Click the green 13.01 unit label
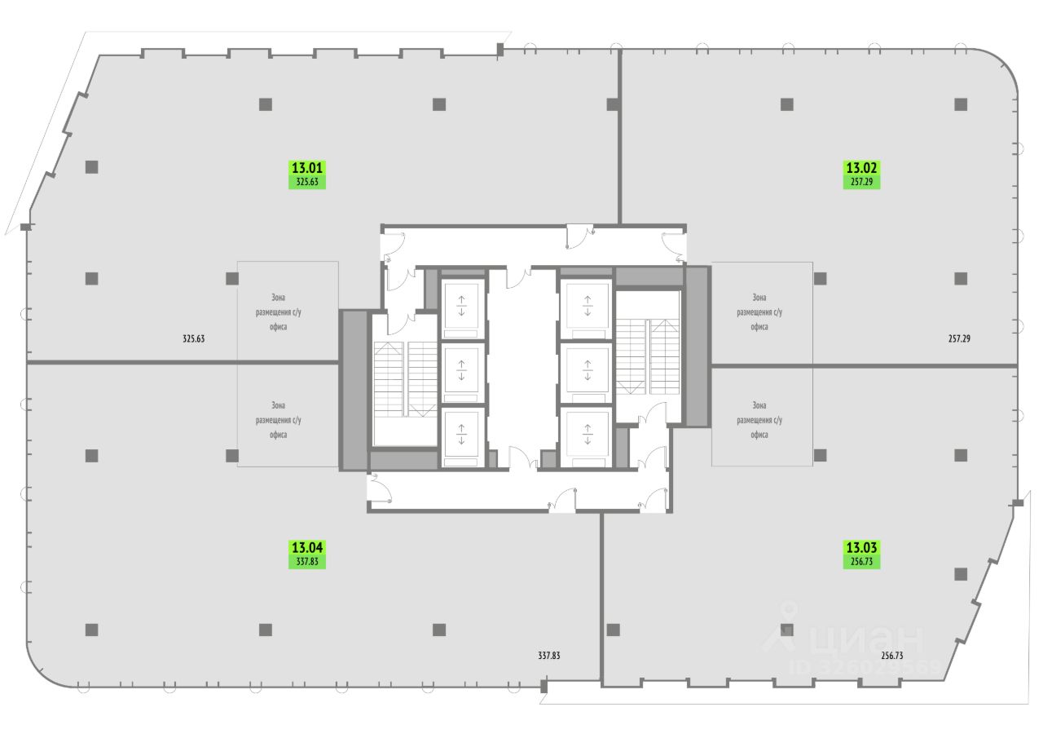307,174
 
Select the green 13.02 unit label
861,174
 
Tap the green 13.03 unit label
861,554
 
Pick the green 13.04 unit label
307,554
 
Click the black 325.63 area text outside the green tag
193,338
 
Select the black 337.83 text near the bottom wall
549,655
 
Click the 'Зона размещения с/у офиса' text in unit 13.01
279,312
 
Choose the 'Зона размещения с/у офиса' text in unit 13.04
279,420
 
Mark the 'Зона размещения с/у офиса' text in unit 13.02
759,312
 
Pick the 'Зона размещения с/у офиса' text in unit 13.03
759,420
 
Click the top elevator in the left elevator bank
462,307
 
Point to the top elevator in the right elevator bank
587,306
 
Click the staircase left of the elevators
405,380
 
